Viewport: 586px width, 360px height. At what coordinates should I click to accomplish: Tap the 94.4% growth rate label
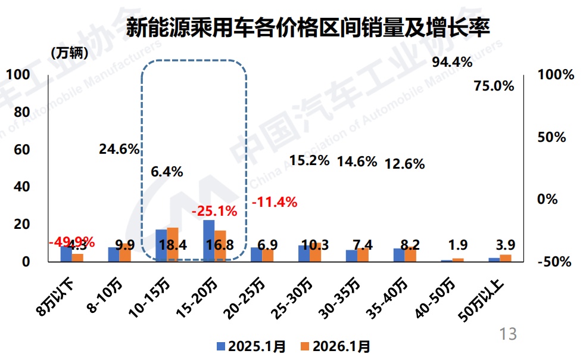452,62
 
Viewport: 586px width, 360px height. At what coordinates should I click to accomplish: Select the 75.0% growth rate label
494,86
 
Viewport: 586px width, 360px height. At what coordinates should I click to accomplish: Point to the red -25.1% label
214,211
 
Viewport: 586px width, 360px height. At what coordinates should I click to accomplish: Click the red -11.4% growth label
274,202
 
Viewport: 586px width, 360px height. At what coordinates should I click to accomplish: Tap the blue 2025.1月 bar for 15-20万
208,240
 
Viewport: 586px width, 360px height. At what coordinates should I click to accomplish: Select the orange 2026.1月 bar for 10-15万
173,244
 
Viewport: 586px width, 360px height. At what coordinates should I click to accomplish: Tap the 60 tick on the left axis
21,149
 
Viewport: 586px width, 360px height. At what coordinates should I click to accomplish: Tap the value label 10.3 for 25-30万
310,245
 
